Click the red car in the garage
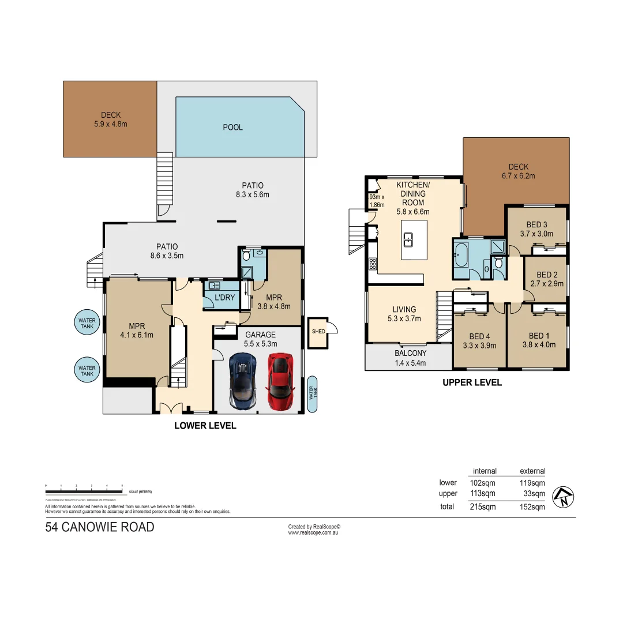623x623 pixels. click(279, 381)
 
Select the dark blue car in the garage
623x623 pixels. click(242, 381)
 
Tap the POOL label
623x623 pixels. click(232, 127)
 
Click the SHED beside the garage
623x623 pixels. click(318, 332)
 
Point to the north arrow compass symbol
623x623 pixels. click(562, 497)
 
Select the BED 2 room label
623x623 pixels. click(547, 275)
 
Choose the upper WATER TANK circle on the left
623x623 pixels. click(87, 320)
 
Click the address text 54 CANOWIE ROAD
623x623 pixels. click(100, 527)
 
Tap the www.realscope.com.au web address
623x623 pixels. click(312, 533)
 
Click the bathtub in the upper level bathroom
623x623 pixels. click(461, 255)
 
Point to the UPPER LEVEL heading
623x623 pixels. click(472, 382)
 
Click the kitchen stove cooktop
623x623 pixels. click(373, 264)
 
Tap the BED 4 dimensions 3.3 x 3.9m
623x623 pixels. click(480, 346)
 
